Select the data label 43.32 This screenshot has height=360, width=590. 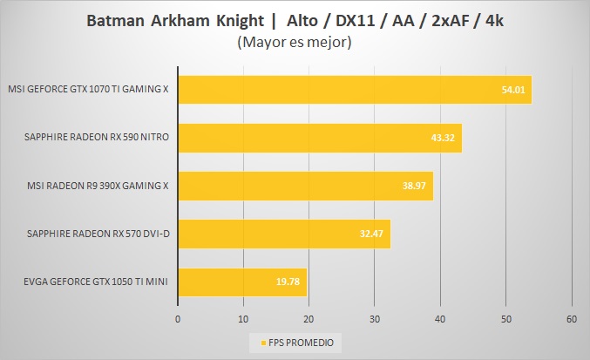(444, 138)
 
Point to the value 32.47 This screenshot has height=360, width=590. (373, 234)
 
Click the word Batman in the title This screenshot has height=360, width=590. (113, 21)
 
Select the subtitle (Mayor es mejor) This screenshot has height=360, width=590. (295, 42)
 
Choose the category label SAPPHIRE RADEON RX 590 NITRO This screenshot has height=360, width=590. (96, 138)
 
